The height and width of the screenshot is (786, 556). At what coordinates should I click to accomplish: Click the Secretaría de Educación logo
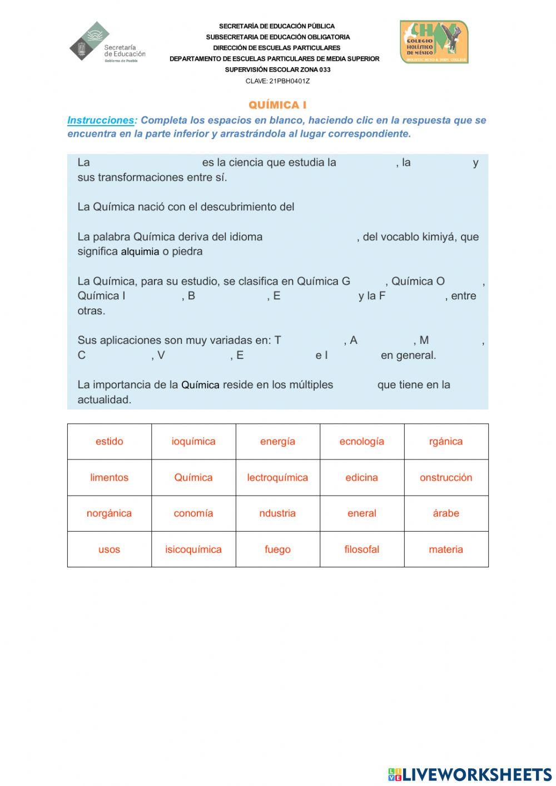(x=107, y=42)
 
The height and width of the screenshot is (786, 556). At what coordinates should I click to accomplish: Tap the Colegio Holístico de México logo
(x=434, y=42)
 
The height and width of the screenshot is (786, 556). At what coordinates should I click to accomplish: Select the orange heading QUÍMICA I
(x=277, y=105)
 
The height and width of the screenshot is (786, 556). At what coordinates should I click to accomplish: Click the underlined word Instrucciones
(x=101, y=120)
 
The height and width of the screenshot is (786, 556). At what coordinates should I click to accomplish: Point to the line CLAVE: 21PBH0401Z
(x=277, y=81)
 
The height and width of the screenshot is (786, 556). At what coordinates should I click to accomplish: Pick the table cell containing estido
(x=110, y=442)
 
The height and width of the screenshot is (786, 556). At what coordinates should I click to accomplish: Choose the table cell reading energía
(x=277, y=442)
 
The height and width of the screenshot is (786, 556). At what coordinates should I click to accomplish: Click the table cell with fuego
(x=277, y=550)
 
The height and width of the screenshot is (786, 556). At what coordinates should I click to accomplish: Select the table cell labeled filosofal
(x=361, y=550)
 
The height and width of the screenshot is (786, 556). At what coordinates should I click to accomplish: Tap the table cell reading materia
(x=446, y=550)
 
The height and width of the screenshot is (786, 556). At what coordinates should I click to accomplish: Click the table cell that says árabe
(x=446, y=513)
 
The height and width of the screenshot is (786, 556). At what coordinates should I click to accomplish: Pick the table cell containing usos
(x=110, y=550)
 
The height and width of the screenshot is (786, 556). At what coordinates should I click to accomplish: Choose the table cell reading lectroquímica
(x=277, y=478)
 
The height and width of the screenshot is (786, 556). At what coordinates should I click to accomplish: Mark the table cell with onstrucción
(x=446, y=478)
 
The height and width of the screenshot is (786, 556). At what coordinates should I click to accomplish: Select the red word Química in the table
(x=193, y=478)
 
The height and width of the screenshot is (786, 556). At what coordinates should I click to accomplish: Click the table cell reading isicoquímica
(x=193, y=550)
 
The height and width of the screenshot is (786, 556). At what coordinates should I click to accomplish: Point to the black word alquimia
(x=140, y=251)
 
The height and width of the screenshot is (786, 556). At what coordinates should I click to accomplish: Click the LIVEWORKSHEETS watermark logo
(x=470, y=774)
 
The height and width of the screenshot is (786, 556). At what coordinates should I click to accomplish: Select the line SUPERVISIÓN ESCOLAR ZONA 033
(x=277, y=70)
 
